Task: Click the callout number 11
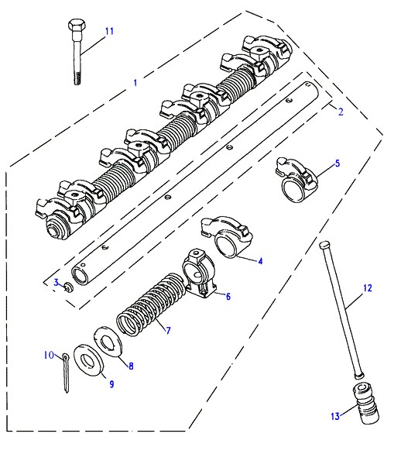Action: (x=109, y=31)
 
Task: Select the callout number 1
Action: (x=135, y=83)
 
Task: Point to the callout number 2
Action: (x=341, y=112)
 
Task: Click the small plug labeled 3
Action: (x=68, y=287)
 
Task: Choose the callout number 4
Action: (x=260, y=261)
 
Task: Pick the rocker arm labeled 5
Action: (x=296, y=179)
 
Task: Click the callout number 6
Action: (x=228, y=297)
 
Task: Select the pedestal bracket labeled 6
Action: (x=200, y=273)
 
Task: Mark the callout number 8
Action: (x=131, y=366)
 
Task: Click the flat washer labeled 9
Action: (x=89, y=360)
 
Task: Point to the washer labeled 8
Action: (x=108, y=342)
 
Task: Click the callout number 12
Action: (x=367, y=288)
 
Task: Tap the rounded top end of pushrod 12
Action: (x=324, y=245)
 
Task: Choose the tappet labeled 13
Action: (x=365, y=403)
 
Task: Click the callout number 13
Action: (x=335, y=416)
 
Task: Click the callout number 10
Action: (x=49, y=355)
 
